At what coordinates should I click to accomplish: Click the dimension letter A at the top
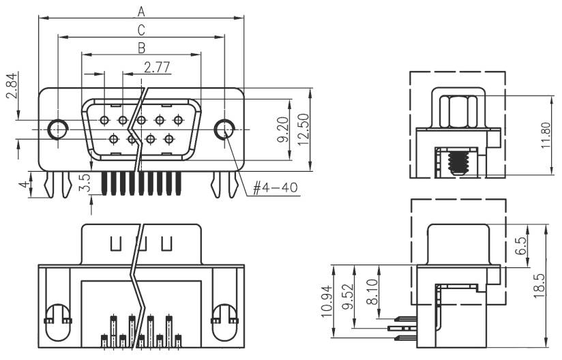pyautogui.click(x=141, y=11)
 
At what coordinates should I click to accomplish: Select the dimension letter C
pyautogui.click(x=141, y=29)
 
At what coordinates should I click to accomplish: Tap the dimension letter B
pyautogui.click(x=141, y=48)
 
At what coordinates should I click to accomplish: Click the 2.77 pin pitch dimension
pyautogui.click(x=157, y=66)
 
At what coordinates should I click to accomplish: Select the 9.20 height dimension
pyautogui.click(x=284, y=127)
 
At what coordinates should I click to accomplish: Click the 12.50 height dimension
pyautogui.click(x=303, y=127)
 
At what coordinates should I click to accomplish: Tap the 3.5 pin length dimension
pyautogui.click(x=85, y=184)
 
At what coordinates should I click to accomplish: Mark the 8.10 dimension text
pyautogui.click(x=372, y=291)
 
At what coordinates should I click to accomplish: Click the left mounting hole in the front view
pyautogui.click(x=58, y=128)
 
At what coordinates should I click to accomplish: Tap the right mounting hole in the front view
pyautogui.click(x=224, y=128)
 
